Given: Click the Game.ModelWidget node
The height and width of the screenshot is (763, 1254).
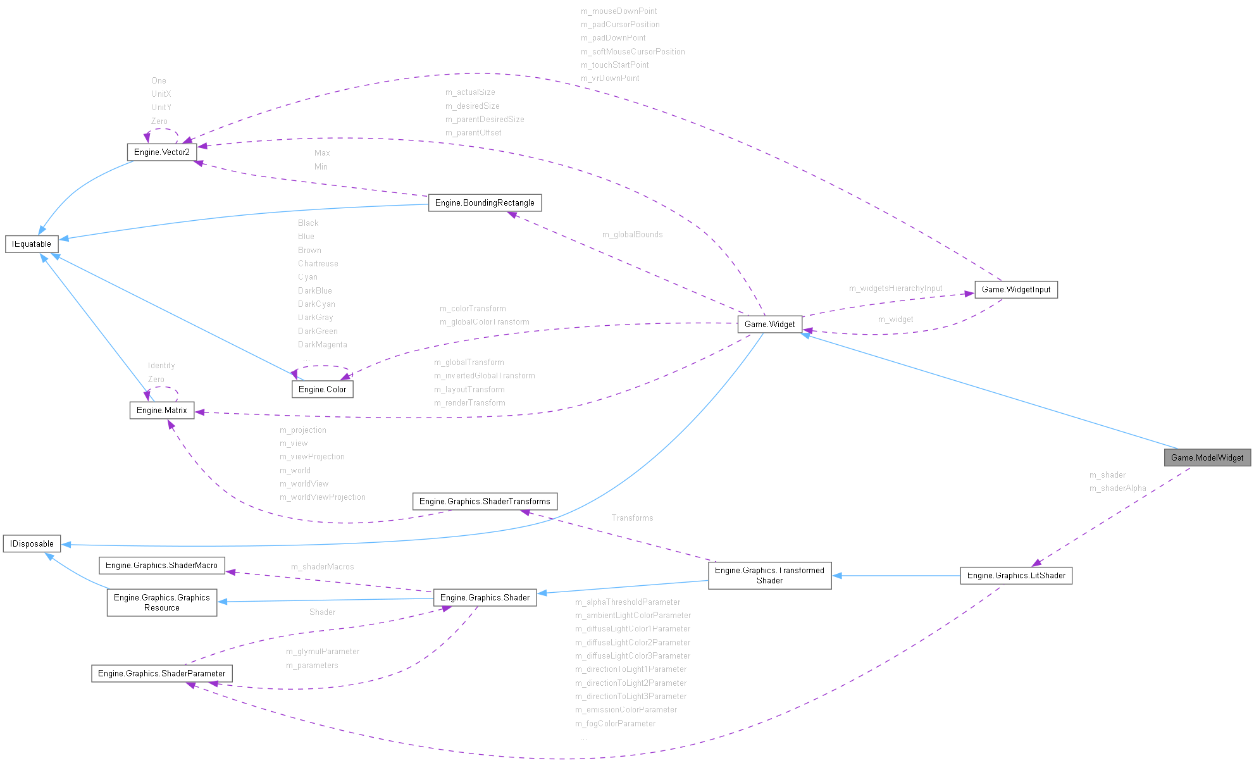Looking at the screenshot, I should click(x=1207, y=457).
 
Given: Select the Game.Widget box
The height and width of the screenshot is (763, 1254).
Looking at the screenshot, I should click(x=769, y=324).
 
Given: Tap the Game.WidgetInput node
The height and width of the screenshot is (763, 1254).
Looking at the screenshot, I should click(x=1015, y=289).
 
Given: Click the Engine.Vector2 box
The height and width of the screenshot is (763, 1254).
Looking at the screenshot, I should click(x=161, y=152).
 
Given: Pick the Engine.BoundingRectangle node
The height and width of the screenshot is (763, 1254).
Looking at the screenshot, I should click(x=485, y=202).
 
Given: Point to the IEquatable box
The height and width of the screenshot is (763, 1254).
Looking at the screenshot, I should click(x=32, y=244).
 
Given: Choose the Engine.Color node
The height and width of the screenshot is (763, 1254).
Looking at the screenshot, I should click(x=322, y=389).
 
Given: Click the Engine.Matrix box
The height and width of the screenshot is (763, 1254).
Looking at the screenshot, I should click(x=161, y=410).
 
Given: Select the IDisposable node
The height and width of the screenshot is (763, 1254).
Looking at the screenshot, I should click(x=32, y=543).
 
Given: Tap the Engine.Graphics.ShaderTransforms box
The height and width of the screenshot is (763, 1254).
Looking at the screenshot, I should click(x=485, y=501).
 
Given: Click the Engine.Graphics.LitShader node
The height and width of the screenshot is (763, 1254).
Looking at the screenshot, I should click(x=1016, y=575).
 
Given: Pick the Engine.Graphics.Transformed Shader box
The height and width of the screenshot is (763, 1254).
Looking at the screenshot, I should click(x=769, y=575).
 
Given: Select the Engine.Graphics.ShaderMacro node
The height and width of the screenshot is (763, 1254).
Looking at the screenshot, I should click(x=161, y=565).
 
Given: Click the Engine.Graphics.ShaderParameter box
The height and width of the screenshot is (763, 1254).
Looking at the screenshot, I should click(x=161, y=673).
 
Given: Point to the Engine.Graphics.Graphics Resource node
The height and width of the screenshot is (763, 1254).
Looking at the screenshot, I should click(x=161, y=602).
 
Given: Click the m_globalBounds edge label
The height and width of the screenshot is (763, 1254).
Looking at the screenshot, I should click(x=632, y=234).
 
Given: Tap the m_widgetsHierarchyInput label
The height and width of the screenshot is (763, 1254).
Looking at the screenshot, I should click(x=895, y=288).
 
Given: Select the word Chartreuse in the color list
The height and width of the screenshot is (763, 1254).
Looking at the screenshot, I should click(x=318, y=263).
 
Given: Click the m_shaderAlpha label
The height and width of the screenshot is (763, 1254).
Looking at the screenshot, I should click(x=1117, y=488).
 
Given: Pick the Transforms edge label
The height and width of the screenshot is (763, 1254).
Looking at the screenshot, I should click(x=632, y=518).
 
